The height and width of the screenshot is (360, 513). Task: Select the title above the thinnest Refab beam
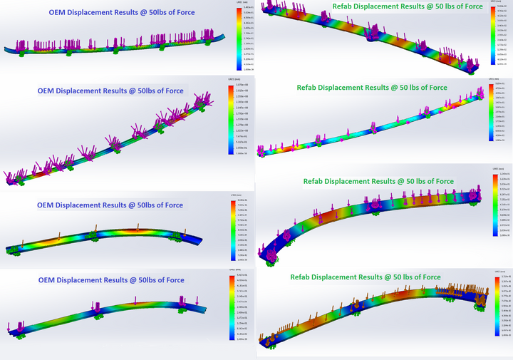point(371,88)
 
